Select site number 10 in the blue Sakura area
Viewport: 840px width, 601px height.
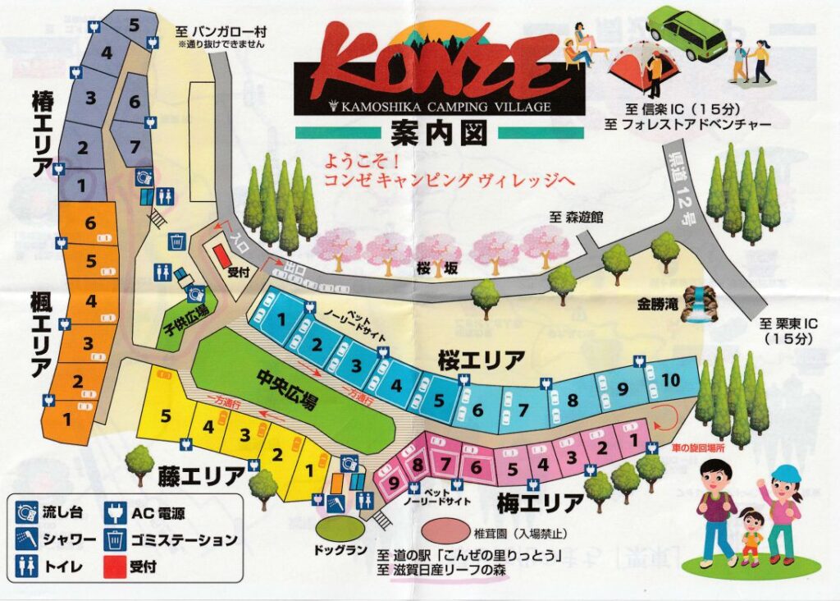click(x=670, y=380)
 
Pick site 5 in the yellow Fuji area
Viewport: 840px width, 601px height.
click(x=166, y=415)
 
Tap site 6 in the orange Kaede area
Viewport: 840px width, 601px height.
click(x=90, y=223)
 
